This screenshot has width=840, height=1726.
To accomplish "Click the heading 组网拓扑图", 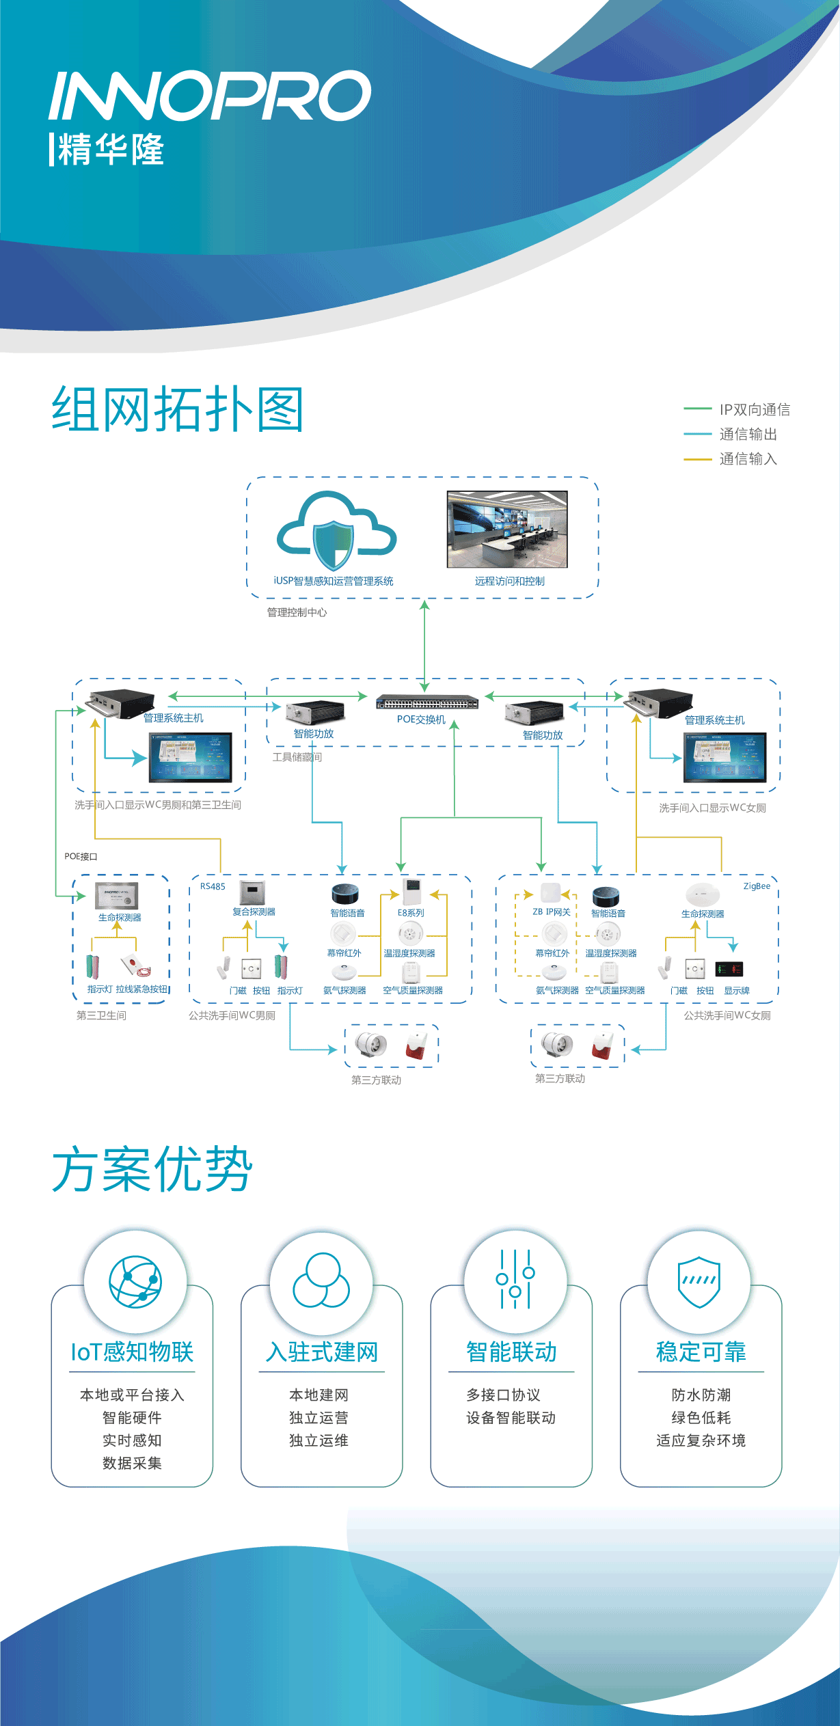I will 178,409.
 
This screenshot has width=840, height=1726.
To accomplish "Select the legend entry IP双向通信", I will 754,409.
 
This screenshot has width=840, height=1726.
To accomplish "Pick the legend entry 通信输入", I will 748,459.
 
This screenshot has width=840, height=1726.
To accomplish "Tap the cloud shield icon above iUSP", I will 335,531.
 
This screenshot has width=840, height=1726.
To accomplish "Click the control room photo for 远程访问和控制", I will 507,529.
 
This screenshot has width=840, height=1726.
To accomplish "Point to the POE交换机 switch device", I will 427,702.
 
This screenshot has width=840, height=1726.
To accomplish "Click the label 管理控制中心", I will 297,612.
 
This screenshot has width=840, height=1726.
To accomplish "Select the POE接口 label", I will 81,856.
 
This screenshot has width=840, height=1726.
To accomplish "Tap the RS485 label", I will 213,886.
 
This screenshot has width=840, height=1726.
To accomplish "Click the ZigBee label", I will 757,886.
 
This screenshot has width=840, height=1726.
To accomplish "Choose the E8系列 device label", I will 411,913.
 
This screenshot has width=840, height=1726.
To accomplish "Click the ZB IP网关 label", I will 551,912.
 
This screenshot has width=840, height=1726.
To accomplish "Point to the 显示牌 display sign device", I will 729,969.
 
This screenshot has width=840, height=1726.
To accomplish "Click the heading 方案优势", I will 152,1169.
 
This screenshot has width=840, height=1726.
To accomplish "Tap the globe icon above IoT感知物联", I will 135,1281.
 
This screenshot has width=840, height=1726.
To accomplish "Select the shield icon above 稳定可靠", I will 699,1281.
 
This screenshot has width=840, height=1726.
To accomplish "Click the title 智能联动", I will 511,1352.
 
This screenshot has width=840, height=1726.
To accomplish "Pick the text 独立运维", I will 319,1440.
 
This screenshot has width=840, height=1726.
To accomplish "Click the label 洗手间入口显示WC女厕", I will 712,808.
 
